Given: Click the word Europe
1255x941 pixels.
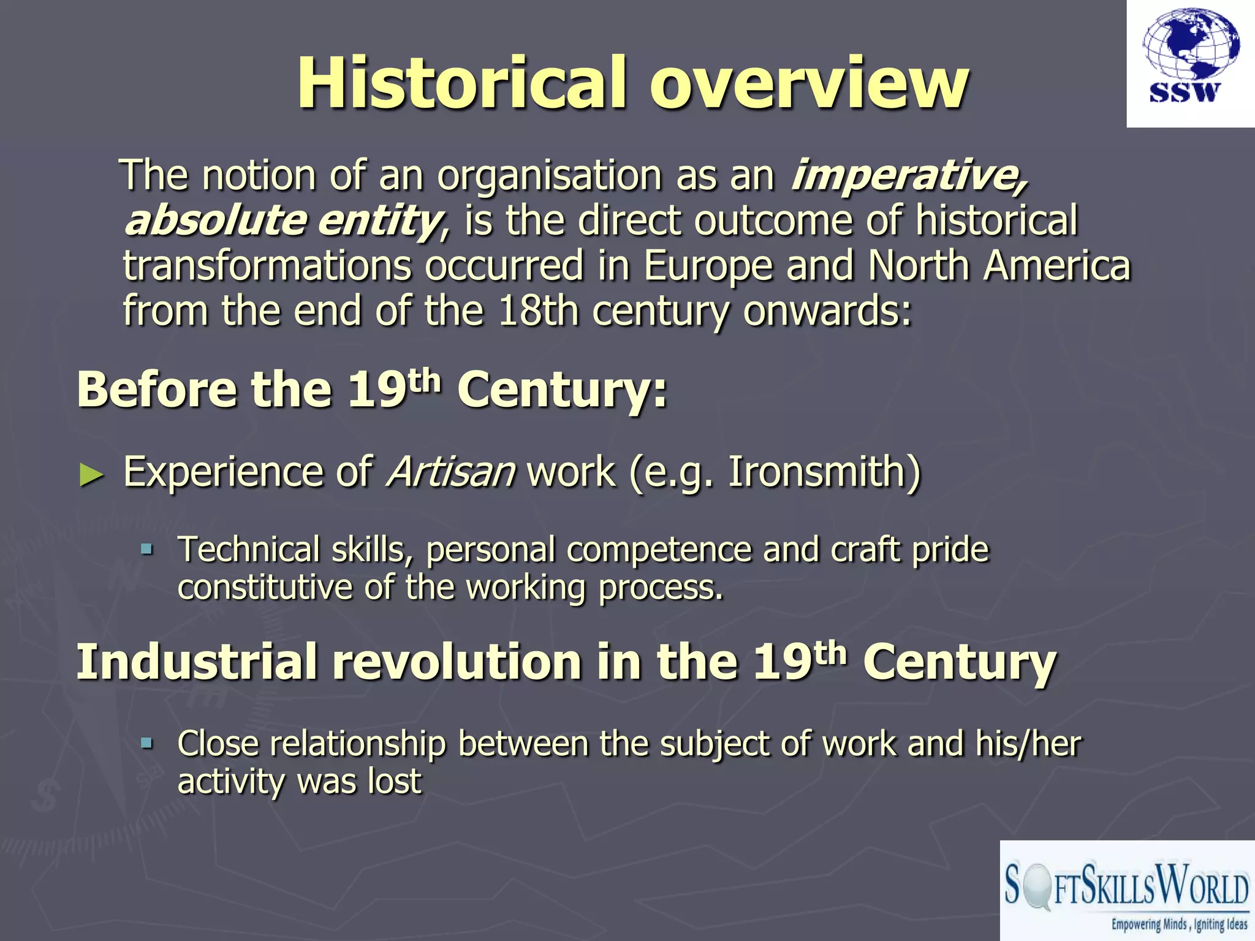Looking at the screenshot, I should (x=708, y=266).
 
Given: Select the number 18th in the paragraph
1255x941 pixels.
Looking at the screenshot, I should (x=538, y=311).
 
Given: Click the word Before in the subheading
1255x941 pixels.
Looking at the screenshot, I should (x=157, y=390).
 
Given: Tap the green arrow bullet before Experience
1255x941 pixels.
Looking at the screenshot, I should (x=92, y=475).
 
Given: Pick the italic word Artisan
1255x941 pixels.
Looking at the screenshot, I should (x=450, y=472).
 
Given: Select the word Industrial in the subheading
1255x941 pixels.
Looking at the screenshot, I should (x=197, y=662).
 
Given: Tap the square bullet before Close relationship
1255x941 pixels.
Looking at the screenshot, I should (x=146, y=743).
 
